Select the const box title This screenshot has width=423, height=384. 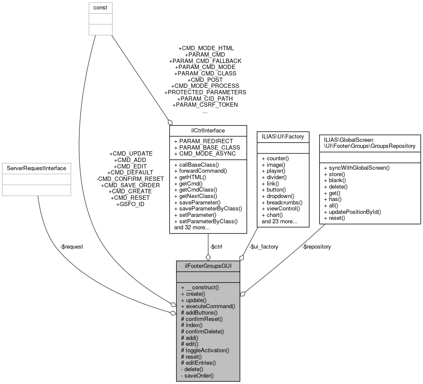pyautogui.click(x=100, y=8)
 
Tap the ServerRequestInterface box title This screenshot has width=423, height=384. pyautogui.click(x=36, y=168)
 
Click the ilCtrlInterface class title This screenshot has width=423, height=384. pyautogui.click(x=208, y=130)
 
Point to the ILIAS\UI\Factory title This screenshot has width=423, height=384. pyautogui.click(x=283, y=137)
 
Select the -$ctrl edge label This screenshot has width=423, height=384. pyautogui.click(x=216, y=246)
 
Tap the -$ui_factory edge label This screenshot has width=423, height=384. pyautogui.click(x=264, y=246)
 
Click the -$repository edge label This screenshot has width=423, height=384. pyautogui.click(x=316, y=246)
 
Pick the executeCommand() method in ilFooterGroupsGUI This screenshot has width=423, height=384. pyautogui.click(x=208, y=306)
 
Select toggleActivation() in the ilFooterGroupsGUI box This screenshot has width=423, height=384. pyautogui.click(x=205, y=350)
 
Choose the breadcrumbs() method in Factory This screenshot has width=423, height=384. pyautogui.click(x=282, y=202)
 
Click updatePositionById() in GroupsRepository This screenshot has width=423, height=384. pyautogui.click(x=352, y=212)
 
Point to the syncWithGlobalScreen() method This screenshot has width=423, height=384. pyautogui.click(x=357, y=168)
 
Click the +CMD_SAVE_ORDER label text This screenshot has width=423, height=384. pyautogui.click(x=130, y=185)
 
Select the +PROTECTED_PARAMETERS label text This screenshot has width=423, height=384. pyautogui.click(x=205, y=92)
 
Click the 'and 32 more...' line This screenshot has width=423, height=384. pyautogui.click(x=191, y=228)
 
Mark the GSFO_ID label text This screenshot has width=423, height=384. pyautogui.click(x=130, y=204)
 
